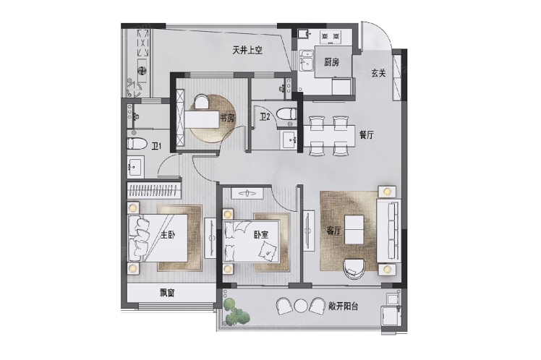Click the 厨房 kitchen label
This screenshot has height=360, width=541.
click(x=331, y=62)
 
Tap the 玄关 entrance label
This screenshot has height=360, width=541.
click(x=378, y=73)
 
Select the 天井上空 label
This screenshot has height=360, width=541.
click(x=247, y=51)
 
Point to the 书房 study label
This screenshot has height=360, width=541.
click(x=227, y=119)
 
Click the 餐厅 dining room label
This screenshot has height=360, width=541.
click(x=367, y=135)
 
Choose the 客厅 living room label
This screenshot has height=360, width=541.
click(x=333, y=231)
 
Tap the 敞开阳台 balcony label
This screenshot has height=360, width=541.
click(x=343, y=306)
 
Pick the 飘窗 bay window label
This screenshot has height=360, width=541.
click(x=167, y=293)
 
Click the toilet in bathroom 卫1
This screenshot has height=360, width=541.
click(x=136, y=143)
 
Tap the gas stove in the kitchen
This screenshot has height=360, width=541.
click(x=331, y=37)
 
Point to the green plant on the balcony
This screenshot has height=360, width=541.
click(x=235, y=311)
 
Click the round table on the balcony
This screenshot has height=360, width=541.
click(x=301, y=306)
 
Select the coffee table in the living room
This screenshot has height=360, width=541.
click(x=354, y=229)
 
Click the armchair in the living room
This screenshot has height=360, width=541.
click(x=354, y=269)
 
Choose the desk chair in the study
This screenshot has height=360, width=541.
click(x=202, y=103)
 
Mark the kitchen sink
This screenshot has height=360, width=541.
click(x=307, y=61)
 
